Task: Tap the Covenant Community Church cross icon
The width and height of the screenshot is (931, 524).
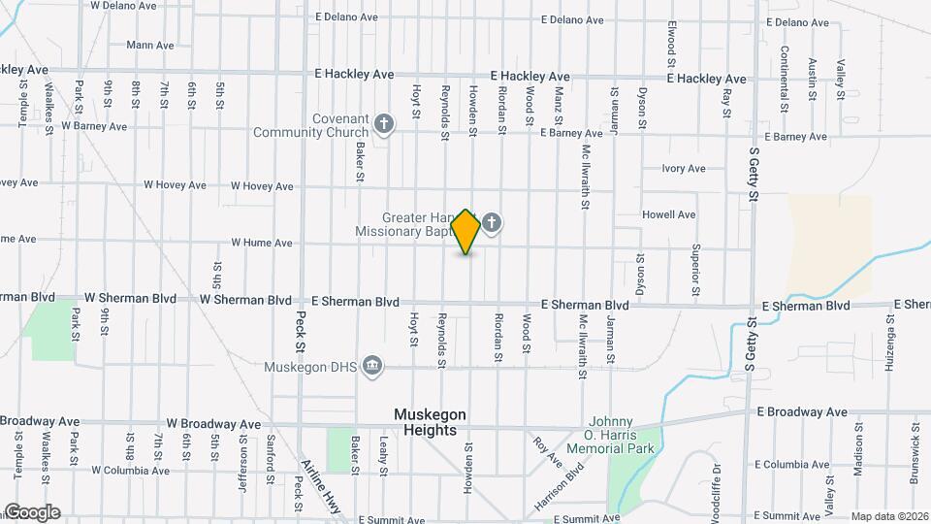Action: click(384, 123)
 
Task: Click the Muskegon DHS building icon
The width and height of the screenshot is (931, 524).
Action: click(371, 366)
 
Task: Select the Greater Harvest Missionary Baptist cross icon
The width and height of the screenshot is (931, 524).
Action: click(492, 224)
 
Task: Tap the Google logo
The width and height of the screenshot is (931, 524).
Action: click(31, 512)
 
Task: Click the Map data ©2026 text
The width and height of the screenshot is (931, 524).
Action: click(888, 516)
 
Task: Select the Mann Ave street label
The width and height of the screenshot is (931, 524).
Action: click(149, 45)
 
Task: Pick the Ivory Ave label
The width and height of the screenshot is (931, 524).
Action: click(683, 169)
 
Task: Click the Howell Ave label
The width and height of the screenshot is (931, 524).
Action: click(668, 214)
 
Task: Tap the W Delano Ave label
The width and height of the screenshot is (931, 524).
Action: click(123, 5)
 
